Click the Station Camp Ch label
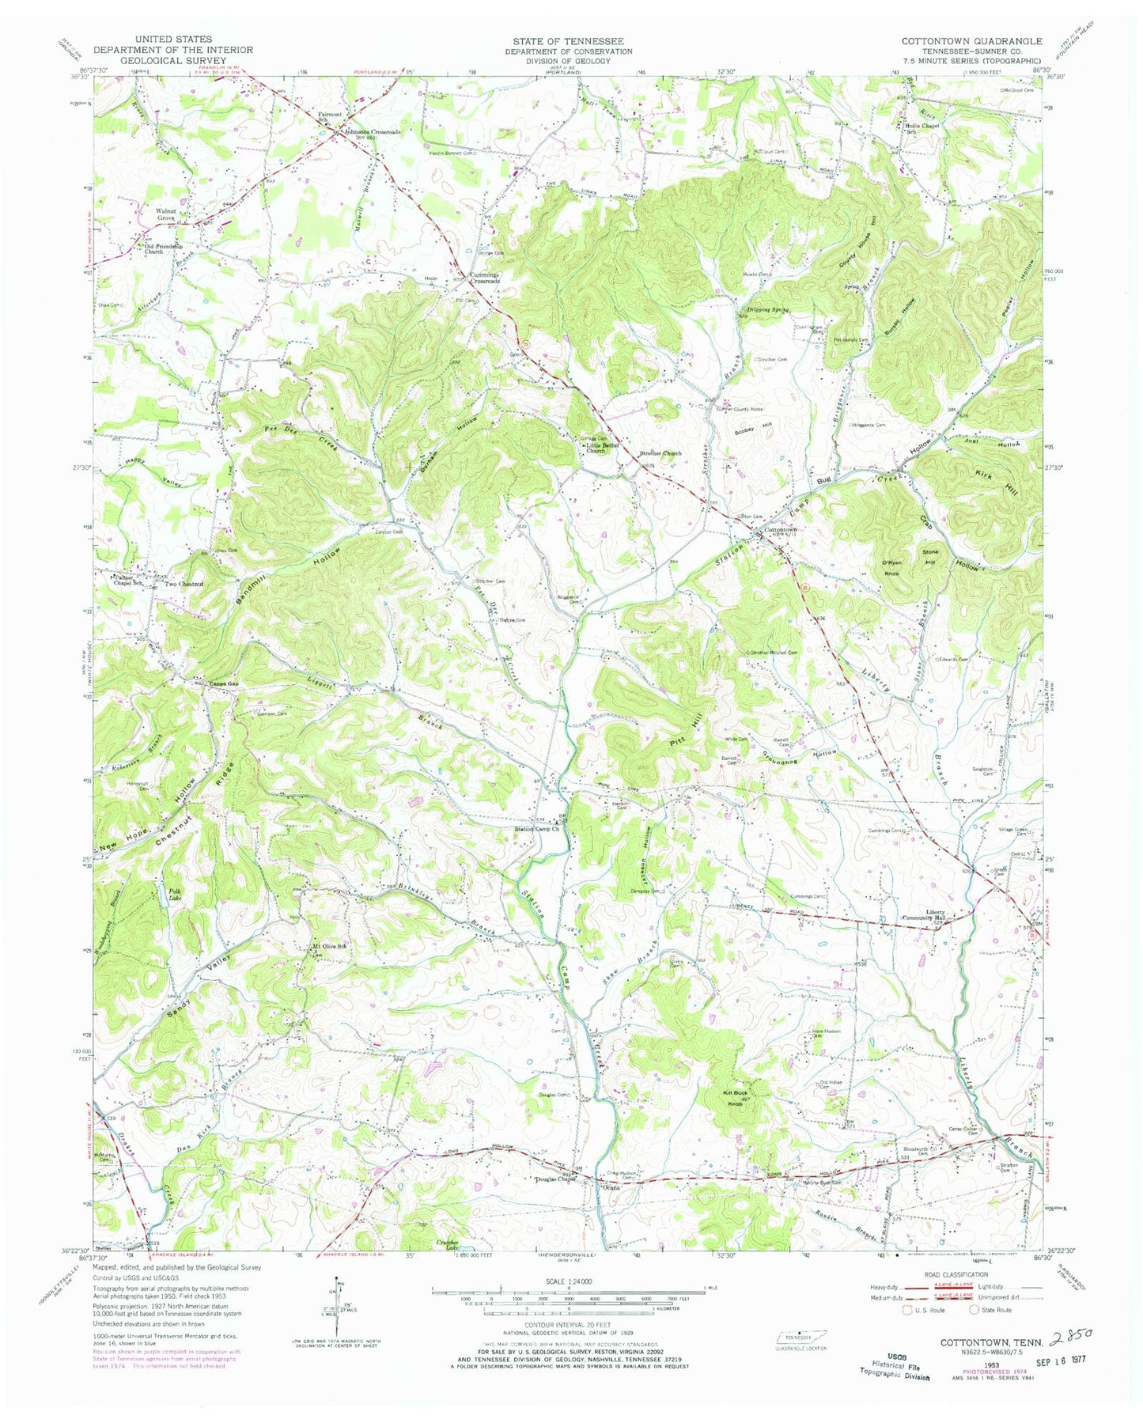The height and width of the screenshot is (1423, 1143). click(x=537, y=829)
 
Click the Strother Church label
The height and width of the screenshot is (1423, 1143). click(x=660, y=454)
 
